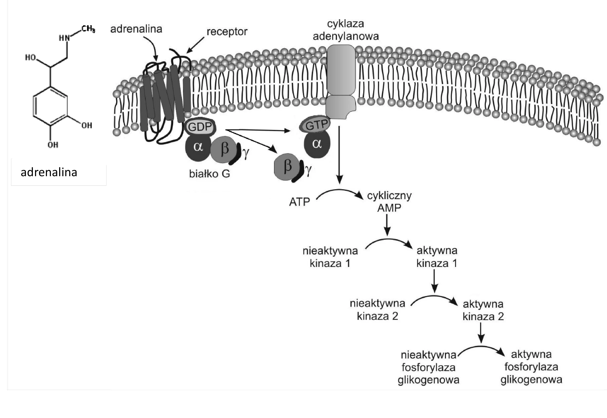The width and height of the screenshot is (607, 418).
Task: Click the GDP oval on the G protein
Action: pos(200,127)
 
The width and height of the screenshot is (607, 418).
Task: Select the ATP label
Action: pos(300,202)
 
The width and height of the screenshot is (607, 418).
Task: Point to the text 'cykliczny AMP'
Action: pos(389,202)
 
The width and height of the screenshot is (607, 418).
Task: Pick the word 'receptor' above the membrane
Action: pos(227,32)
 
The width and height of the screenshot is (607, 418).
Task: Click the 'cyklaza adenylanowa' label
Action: pos(346,30)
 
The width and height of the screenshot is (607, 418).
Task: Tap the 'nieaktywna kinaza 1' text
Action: pos(330,257)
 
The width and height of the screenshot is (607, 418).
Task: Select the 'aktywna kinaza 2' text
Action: pos(483,310)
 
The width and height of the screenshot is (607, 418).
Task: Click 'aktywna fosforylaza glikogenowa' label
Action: pos(531,367)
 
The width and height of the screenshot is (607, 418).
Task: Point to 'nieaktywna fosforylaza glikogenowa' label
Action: pos(429,367)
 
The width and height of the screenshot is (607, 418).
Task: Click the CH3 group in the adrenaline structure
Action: pos(88,29)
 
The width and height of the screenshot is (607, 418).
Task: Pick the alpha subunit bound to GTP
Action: pos(317,144)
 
